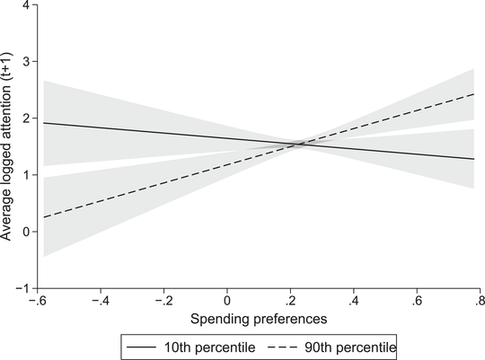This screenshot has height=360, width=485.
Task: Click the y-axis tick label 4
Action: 27,5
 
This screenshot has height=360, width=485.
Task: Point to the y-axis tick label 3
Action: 27,62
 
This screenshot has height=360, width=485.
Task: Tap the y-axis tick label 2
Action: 27,119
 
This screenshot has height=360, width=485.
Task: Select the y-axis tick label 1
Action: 27,175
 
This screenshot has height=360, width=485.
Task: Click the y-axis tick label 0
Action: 27,232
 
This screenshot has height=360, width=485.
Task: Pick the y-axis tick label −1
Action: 24,288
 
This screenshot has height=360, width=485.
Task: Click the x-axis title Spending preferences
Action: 259,319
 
